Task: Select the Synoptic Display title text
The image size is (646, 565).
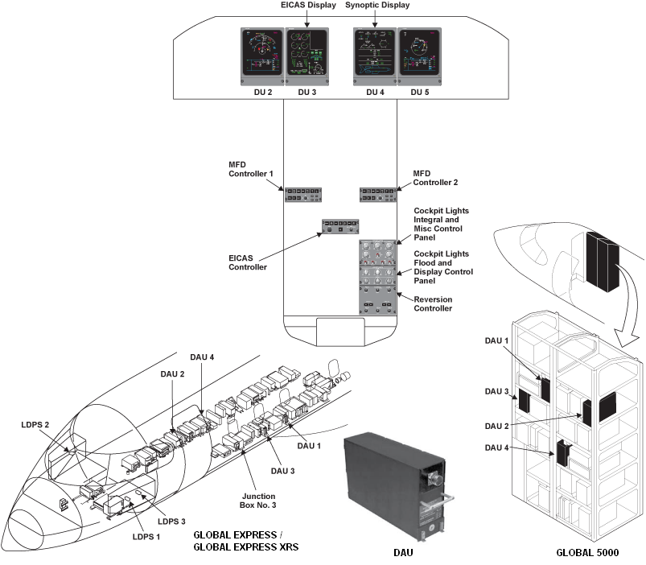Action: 376,6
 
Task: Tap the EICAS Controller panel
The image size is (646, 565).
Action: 340,227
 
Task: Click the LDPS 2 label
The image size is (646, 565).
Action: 37,425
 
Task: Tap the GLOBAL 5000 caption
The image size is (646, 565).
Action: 588,554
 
